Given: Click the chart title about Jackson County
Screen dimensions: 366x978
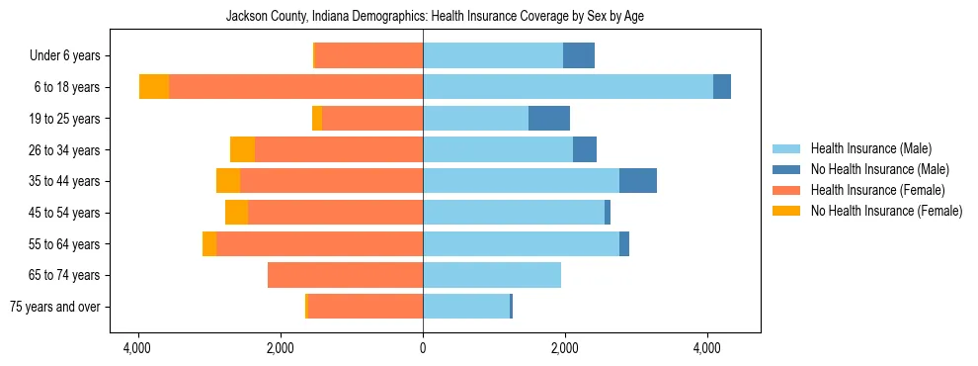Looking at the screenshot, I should point(435,17).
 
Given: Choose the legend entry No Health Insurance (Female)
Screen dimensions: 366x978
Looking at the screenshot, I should point(886,211).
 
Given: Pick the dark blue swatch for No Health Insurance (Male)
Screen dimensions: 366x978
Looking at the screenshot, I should point(786,169).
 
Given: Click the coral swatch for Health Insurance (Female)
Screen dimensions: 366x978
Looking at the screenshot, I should point(786,190).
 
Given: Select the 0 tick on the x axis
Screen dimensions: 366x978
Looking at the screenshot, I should point(423,349).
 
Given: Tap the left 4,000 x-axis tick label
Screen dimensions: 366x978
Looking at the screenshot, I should point(137,349).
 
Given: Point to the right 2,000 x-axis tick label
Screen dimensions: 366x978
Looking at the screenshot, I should point(565,349).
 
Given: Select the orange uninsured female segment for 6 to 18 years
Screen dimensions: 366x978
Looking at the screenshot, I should point(154,87).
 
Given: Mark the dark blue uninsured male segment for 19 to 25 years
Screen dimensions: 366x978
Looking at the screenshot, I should point(549,119).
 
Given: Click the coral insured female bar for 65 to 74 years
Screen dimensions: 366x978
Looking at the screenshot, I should point(345,275).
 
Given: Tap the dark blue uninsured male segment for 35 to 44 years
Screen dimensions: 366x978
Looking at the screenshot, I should point(638,181).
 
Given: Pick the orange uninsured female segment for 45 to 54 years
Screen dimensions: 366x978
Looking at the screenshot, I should point(236,213).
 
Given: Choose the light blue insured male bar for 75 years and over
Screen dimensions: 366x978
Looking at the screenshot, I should point(466,307).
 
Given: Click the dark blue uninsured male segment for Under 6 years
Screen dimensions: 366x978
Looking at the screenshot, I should point(579,55).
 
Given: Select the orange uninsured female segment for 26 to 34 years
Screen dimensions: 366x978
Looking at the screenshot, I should point(242,149).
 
